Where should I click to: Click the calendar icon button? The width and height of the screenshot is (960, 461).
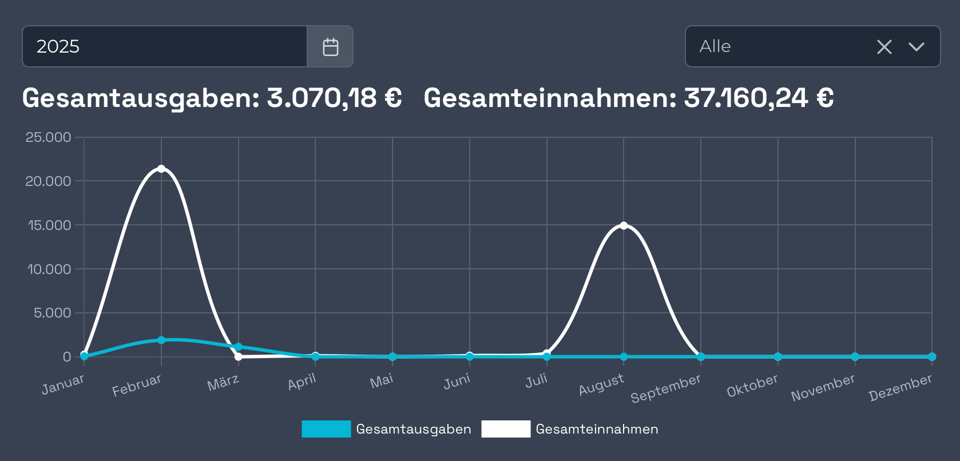tap(330, 46)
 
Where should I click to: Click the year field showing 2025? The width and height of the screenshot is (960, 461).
tap(165, 46)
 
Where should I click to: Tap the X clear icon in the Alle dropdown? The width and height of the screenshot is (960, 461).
tap(884, 47)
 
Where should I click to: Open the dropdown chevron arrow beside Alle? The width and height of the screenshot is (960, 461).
tap(916, 47)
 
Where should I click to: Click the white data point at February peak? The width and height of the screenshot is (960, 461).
tap(161, 169)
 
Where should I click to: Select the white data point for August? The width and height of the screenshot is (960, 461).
tap(624, 225)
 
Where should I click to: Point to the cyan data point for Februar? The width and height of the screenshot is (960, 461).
tap(161, 340)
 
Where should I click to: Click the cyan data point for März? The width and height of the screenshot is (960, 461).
tap(239, 347)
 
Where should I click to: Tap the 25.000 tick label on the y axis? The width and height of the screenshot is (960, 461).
tap(48, 137)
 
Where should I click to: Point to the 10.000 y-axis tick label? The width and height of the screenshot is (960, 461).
tap(49, 269)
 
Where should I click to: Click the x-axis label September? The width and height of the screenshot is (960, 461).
tap(665, 389)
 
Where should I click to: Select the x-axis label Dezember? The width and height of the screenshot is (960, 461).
tap(900, 388)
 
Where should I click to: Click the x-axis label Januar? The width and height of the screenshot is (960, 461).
tap(63, 384)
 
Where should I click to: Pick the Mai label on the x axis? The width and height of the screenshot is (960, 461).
tap(382, 381)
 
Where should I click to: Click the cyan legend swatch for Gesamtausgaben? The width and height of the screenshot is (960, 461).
tap(326, 429)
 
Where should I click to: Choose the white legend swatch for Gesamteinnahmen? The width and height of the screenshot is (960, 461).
tap(506, 429)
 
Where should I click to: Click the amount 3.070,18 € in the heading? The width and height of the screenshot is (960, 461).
tap(334, 98)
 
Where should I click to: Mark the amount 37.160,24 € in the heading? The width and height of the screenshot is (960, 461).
tap(759, 98)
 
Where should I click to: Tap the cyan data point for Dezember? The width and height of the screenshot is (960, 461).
tap(932, 356)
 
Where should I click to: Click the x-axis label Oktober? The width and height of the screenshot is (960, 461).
tap(752, 386)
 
